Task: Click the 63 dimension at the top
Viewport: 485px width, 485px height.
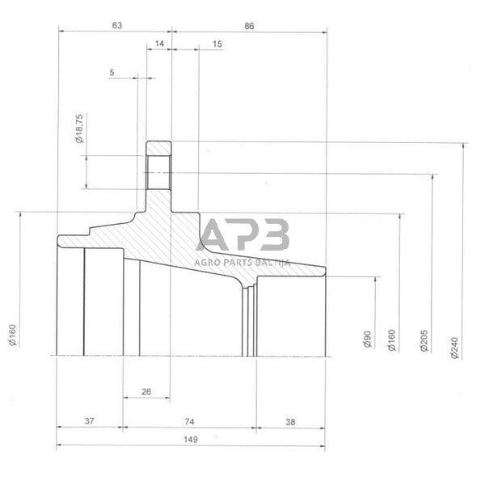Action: coord(116,26)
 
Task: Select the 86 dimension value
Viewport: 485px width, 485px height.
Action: coord(249,26)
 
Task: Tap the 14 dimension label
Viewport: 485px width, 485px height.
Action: coord(158,43)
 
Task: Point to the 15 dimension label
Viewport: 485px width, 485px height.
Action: coord(217,43)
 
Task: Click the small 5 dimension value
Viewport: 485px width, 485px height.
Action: coord(112,74)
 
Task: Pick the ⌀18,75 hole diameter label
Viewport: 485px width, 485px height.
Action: coord(79,129)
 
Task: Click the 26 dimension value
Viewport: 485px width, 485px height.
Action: coord(146,392)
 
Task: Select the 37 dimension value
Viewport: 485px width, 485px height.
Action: coord(89,421)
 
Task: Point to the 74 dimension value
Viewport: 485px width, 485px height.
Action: coord(190,421)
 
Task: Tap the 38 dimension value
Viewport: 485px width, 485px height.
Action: coord(291,421)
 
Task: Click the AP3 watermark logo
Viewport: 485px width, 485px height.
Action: coord(243,235)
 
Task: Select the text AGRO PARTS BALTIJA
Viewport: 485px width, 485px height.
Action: coord(242,261)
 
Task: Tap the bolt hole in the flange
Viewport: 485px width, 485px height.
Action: coord(158,172)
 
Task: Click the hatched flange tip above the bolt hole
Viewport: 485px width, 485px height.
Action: coord(158,148)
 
